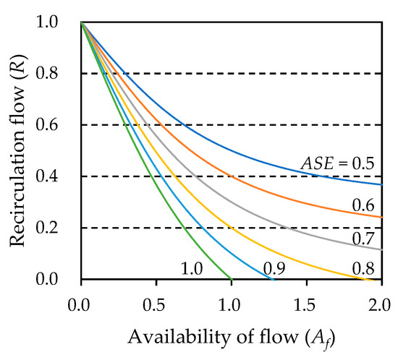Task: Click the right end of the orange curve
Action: pyautogui.click(x=382, y=217)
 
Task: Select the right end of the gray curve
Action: pyautogui.click(x=382, y=249)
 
